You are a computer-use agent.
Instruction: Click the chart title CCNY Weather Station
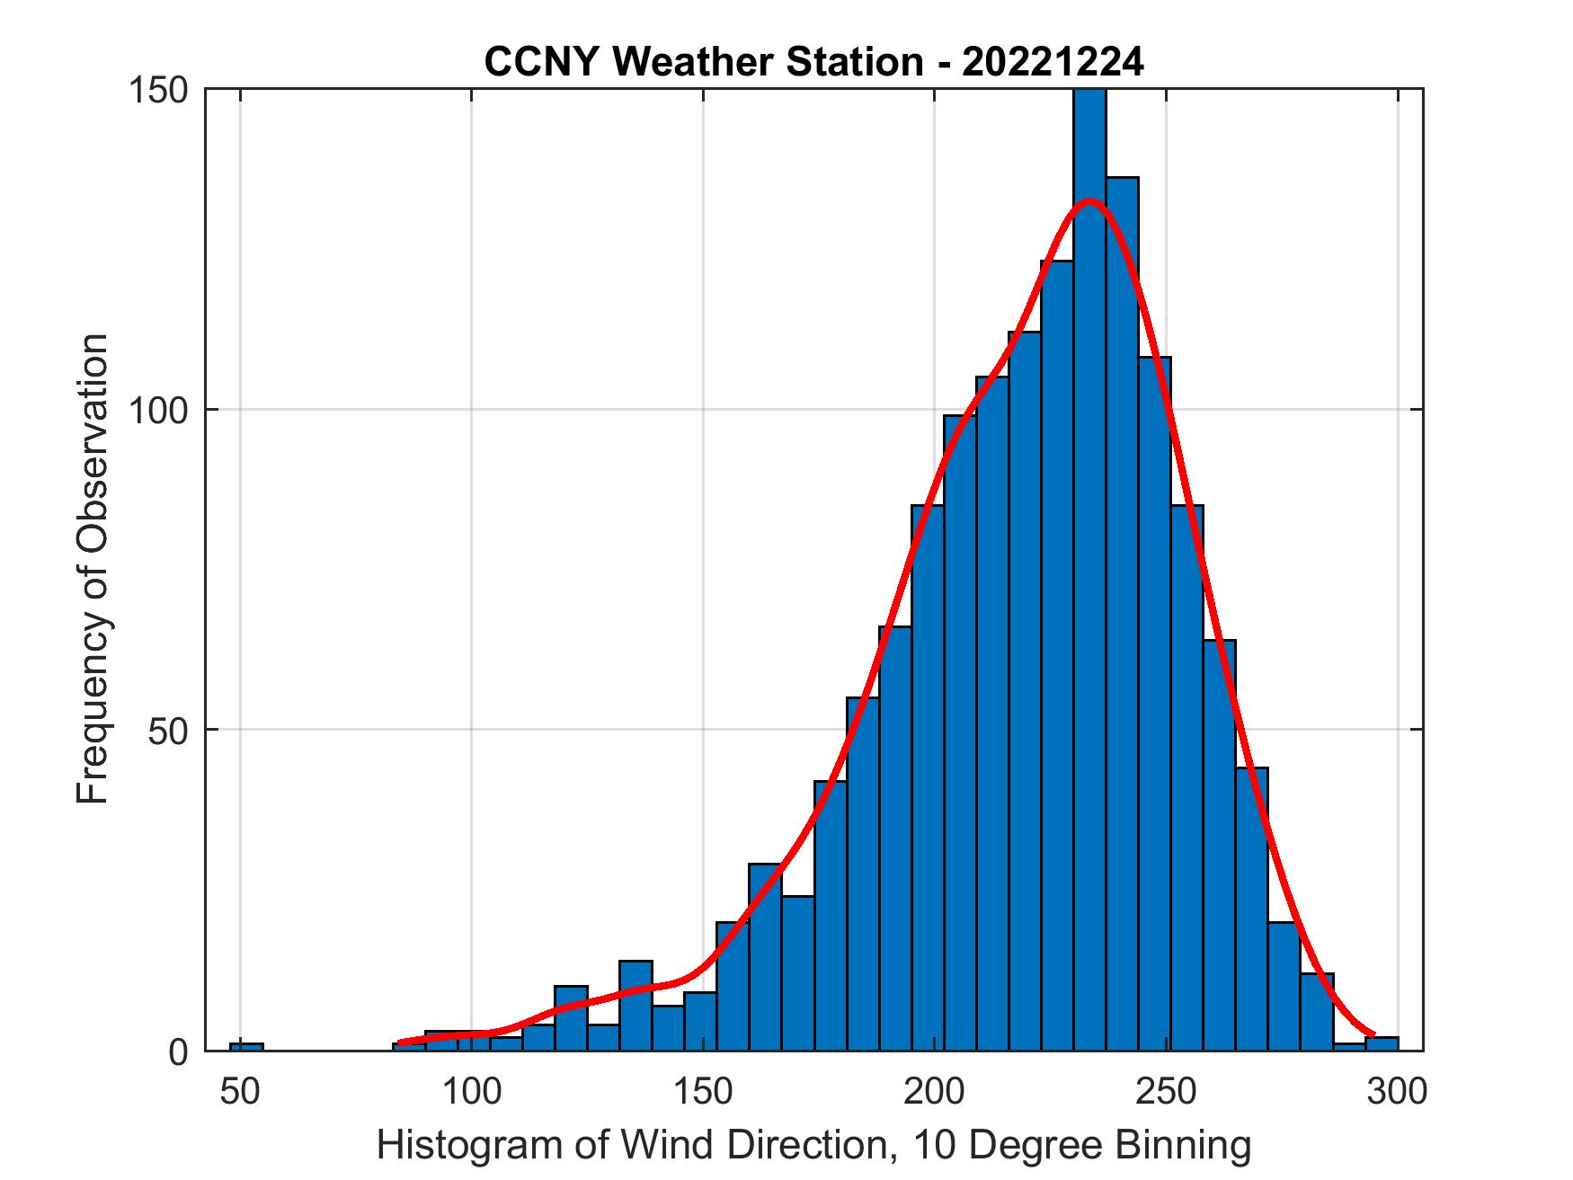pyautogui.click(x=813, y=63)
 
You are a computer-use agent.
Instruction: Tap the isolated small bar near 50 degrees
pyautogui.click(x=246, y=1046)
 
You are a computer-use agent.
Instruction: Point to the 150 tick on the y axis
pyautogui.click(x=167, y=91)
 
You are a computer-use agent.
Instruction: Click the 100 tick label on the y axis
pyautogui.click(x=167, y=411)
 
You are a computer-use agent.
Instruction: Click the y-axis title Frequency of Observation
pyautogui.click(x=93, y=569)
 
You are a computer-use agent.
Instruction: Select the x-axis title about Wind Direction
pyautogui.click(x=813, y=1145)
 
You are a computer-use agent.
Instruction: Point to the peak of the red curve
pyautogui.click(x=1089, y=201)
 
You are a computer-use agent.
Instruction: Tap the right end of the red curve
pyautogui.click(x=1372, y=1034)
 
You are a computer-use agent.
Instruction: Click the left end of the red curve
pyautogui.click(x=401, y=1042)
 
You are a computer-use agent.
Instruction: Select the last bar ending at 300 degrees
pyautogui.click(x=1382, y=1043)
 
